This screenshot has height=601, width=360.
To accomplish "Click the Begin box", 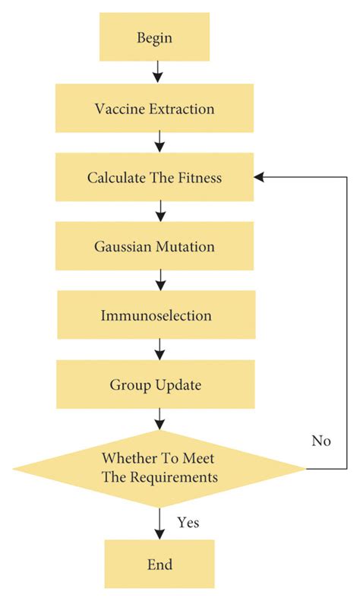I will tap(155, 37).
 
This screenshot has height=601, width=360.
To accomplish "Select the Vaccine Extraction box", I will tap(155, 108).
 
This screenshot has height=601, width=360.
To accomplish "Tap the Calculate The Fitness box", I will tap(155, 178).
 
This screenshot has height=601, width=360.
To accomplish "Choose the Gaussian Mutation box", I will tap(155, 247).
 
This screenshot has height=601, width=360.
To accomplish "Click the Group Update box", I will tap(155, 384).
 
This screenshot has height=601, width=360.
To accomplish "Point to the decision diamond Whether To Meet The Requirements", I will tap(159, 468).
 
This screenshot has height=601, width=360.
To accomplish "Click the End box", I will tap(159, 565).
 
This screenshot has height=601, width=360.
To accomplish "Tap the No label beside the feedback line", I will tap(321, 441).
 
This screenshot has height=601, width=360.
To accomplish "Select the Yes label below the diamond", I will tap(189, 523).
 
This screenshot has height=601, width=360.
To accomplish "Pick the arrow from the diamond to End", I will tap(159, 523).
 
